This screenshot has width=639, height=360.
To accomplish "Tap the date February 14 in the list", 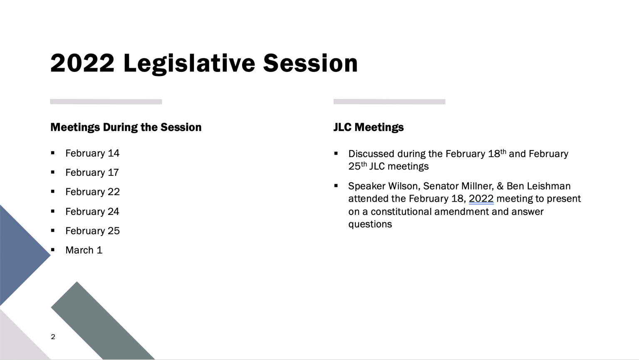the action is click(x=92, y=153).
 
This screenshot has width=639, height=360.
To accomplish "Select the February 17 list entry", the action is click(x=92, y=173).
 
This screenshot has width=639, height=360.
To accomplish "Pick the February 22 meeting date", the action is click(x=92, y=192).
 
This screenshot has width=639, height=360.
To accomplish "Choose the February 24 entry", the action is click(x=92, y=212).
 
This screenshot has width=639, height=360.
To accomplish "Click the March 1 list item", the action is click(x=84, y=250).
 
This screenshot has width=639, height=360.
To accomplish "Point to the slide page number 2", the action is click(x=53, y=337).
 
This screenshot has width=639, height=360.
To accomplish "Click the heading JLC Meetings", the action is click(x=369, y=127).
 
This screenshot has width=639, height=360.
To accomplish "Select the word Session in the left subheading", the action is click(x=181, y=127).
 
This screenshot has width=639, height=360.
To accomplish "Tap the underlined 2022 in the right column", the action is click(x=481, y=199).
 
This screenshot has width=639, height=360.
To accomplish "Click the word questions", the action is click(x=370, y=224).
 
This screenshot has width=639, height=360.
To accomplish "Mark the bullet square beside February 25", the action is click(x=53, y=230).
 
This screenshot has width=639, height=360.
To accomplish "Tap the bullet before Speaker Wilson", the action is click(x=336, y=186).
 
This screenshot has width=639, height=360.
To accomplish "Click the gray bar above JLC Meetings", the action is click(x=389, y=102).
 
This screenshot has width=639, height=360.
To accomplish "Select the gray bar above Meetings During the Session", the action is click(x=106, y=102).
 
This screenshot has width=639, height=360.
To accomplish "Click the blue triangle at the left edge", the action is click(x=20, y=255).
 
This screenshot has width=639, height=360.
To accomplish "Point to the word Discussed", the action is click(x=371, y=154).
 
